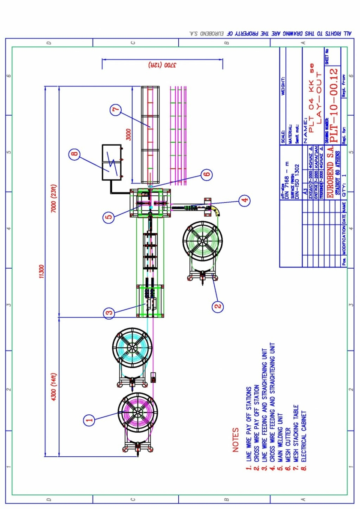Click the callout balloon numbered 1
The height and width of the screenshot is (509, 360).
point(89,420)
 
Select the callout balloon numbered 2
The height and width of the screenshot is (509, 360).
point(218,305)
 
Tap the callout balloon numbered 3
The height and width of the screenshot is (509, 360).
point(110,313)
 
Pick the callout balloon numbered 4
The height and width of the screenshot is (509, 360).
point(244,200)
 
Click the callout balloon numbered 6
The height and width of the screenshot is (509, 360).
point(207,174)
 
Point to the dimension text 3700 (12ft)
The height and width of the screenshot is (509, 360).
point(162,64)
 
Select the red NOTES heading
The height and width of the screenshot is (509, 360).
point(235,440)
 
